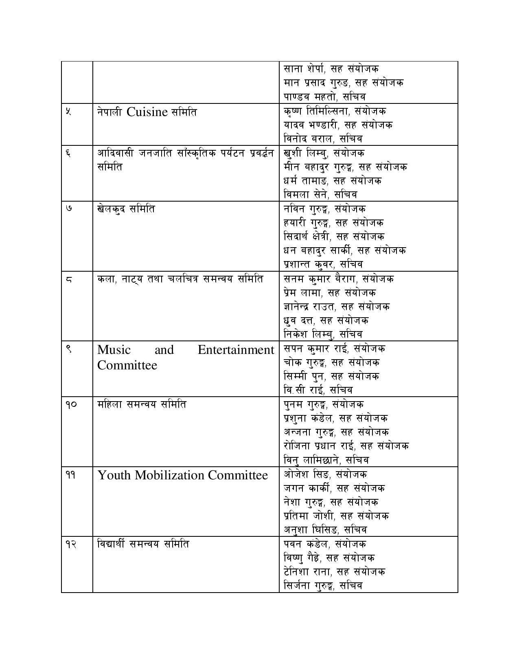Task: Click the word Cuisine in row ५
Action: [x=147, y=112]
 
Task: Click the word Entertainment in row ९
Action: [x=236, y=350]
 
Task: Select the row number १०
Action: [x=71, y=404]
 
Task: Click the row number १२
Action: [x=71, y=544]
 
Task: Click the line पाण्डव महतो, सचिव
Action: [x=324, y=97]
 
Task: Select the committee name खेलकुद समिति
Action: [x=126, y=209]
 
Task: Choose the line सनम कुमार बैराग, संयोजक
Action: [x=338, y=279]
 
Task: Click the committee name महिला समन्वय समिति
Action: [x=142, y=404]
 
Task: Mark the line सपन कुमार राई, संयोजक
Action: [x=334, y=349]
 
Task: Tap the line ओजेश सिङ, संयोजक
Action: [x=325, y=474]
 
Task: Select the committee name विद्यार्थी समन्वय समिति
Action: [x=143, y=544]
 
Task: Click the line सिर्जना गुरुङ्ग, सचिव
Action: [x=323, y=586]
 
